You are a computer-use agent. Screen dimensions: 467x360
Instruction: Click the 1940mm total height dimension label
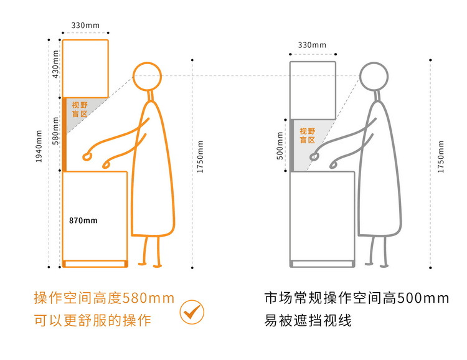click(39, 146)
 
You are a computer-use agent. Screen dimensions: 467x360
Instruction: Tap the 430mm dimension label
click(55, 64)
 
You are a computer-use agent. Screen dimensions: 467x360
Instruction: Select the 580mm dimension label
click(55, 131)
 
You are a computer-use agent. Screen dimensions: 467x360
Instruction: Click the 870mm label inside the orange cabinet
click(83, 220)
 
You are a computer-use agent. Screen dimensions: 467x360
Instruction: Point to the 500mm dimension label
click(280, 146)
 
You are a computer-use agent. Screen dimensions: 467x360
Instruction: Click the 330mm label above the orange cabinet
click(85, 26)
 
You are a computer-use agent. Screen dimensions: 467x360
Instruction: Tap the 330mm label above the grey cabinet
click(312, 45)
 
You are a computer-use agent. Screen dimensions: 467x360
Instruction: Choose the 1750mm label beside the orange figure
click(200, 157)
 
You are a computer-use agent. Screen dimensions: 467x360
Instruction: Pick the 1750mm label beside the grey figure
click(441, 157)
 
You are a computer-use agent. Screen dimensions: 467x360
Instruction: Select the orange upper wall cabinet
click(62, 69)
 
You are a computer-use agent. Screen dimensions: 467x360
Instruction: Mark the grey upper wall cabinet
click(290, 90)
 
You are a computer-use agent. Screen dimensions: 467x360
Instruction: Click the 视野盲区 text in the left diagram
click(80, 110)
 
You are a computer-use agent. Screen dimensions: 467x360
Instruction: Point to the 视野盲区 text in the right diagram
click(308, 136)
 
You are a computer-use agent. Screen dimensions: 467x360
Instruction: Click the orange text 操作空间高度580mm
click(104, 298)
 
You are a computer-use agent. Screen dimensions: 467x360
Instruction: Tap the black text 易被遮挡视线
click(308, 320)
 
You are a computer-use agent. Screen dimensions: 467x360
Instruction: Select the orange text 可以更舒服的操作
click(93, 320)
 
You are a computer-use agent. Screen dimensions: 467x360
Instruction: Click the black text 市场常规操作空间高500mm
click(357, 298)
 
